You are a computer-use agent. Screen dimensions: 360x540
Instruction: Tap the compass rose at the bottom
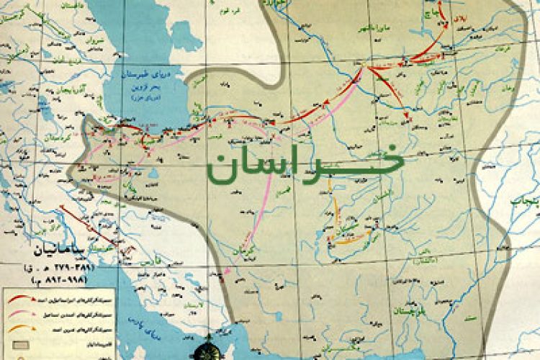point(206,350)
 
